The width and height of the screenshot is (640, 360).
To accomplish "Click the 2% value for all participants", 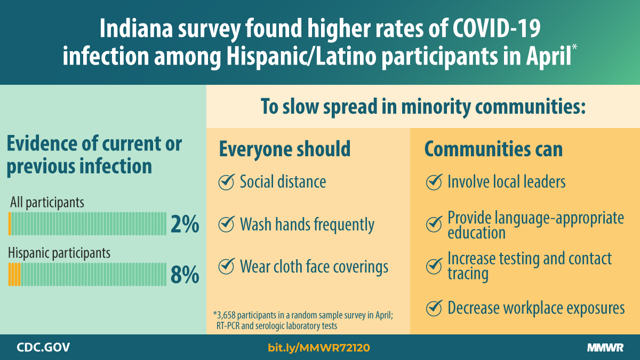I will click(x=185, y=225).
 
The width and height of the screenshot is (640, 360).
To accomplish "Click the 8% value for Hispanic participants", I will click(x=185, y=275).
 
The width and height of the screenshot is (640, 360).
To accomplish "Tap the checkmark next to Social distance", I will click(x=227, y=182).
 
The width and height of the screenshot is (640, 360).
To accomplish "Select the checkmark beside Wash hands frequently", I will click(x=227, y=225).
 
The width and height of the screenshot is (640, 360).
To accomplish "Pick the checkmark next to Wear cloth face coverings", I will click(x=227, y=266).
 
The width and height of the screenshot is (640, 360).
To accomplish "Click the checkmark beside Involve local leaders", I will click(x=434, y=182).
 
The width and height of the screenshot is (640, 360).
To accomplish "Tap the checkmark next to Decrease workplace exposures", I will click(x=434, y=308).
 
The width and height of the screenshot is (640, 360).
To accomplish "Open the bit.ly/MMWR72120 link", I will click(x=318, y=348).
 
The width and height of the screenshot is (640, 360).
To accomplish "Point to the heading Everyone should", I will click(x=284, y=149).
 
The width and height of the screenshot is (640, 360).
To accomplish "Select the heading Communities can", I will click(x=493, y=149).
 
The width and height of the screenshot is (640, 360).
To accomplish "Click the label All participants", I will click(x=47, y=203).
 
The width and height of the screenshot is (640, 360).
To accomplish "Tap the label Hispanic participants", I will click(x=59, y=252).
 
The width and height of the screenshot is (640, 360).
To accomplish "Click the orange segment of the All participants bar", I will click(x=10, y=224).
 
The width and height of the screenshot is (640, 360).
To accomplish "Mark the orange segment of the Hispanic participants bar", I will click(x=14, y=274).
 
